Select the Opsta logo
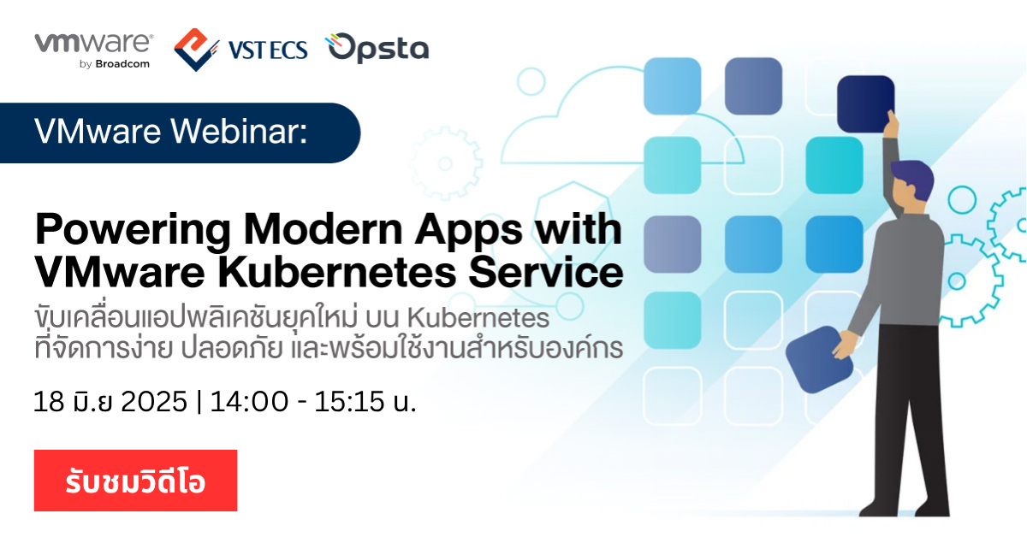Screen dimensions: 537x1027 point(377,49)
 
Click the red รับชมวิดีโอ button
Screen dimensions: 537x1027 point(135,481)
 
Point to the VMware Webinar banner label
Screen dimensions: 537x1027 point(170,133)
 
